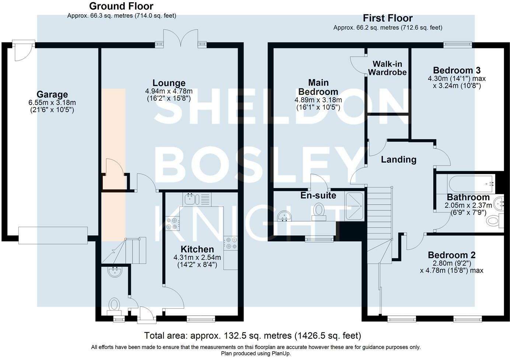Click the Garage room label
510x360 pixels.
pyautogui.click(x=52, y=94)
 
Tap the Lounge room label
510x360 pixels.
pyautogui.click(x=169, y=83)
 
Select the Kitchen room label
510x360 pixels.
pyautogui.click(x=197, y=249)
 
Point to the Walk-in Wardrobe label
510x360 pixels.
pyautogui.click(x=387, y=68)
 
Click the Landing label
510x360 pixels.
pyautogui.click(x=399, y=159)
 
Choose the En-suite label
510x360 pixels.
pyautogui.click(x=318, y=195)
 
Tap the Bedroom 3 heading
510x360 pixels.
pyautogui.click(x=457, y=70)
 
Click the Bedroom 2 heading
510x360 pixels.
pyautogui.click(x=452, y=255)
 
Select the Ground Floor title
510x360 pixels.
pyautogui.click(x=121, y=6)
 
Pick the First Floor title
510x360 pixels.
pyautogui.click(x=388, y=18)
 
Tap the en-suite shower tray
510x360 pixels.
pyautogui.click(x=354, y=207)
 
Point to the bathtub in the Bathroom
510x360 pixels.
pyautogui.click(x=471, y=183)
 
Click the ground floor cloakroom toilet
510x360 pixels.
pyautogui.click(x=114, y=306)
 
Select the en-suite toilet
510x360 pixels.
pyautogui.click(x=319, y=212)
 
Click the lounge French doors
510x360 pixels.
pyautogui.click(x=181, y=38)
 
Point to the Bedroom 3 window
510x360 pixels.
pyautogui.click(x=458, y=45)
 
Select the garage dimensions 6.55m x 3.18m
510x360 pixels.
pyautogui.click(x=52, y=103)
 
